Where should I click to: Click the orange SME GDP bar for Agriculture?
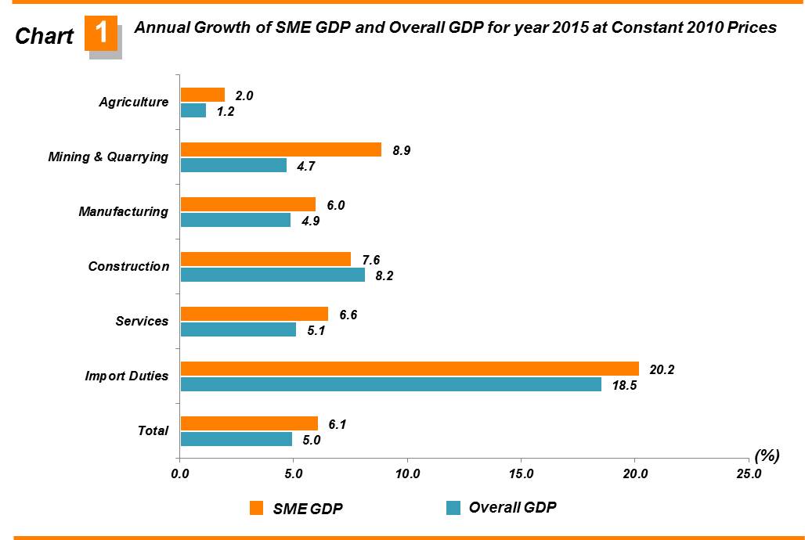[x=203, y=95]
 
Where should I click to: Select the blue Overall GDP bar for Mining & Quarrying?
[x=233, y=165]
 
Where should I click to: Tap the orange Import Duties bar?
[x=410, y=369]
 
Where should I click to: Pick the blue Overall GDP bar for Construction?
[x=273, y=275]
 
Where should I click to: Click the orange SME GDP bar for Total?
[x=249, y=423]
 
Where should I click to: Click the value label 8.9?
[x=401, y=150]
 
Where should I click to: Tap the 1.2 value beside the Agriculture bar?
[x=226, y=111]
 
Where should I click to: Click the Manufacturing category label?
[x=123, y=211]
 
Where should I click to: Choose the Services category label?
[x=142, y=321]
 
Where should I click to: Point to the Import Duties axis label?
[x=127, y=376]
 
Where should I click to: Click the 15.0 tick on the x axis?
[x=521, y=473]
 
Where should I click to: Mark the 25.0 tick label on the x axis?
[x=748, y=473]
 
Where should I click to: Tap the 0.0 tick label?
[x=180, y=473]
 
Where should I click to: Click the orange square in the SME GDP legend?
[x=256, y=509]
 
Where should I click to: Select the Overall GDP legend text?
[x=512, y=507]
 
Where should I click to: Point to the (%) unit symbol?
[x=766, y=455]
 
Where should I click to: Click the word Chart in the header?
[x=45, y=36]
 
